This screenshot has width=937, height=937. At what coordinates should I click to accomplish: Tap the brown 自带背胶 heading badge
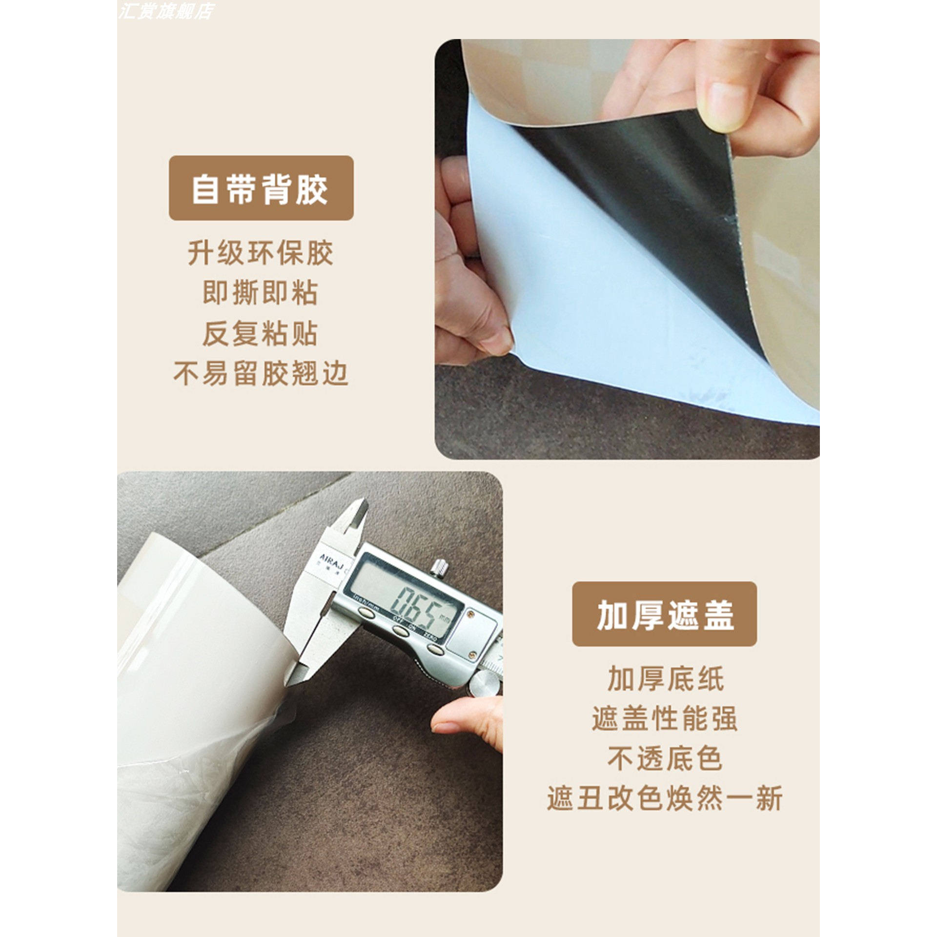[x=261, y=188]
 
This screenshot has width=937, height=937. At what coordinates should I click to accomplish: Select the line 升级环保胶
[x=261, y=253]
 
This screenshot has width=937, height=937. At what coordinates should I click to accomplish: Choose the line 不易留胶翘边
[x=261, y=374]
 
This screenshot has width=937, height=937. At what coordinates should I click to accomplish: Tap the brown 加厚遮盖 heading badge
[x=664, y=614]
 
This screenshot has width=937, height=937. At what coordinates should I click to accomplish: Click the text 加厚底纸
[x=665, y=679]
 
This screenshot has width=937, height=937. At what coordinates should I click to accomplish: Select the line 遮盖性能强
[x=665, y=719]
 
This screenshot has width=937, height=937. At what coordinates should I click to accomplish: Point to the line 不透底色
[x=665, y=759]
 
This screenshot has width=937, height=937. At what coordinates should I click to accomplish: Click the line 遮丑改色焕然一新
[x=665, y=799]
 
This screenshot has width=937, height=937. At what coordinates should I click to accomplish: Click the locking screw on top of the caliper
[x=439, y=567]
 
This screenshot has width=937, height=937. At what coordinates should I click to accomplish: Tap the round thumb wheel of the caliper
[x=486, y=683]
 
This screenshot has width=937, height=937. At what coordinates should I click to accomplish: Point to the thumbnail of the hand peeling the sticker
[x=627, y=249]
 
